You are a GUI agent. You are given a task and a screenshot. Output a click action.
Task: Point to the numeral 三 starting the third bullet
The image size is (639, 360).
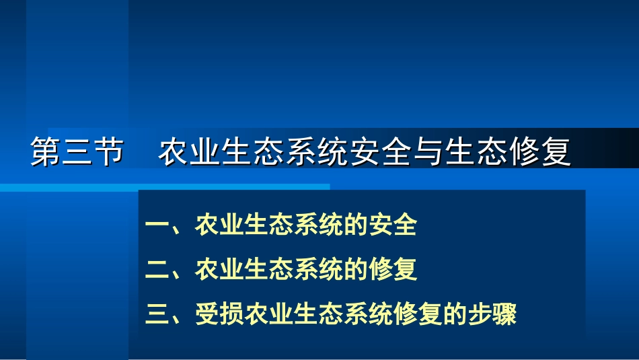(x=157, y=314)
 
